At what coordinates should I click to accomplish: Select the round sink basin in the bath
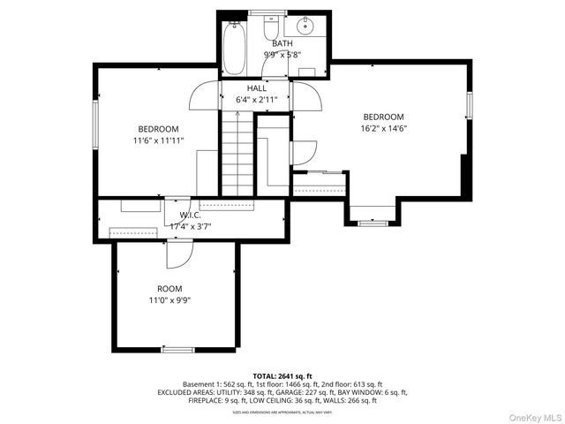tap(308, 26)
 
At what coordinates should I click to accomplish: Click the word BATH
tap(282, 43)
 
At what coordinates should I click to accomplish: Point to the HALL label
tap(257, 88)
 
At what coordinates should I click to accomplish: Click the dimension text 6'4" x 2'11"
tap(257, 100)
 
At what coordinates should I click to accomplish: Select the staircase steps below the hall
tap(237, 155)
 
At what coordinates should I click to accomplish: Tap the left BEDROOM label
tap(158, 129)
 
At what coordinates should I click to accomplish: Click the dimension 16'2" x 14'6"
tap(384, 128)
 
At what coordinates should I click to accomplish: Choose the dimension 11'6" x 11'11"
tap(158, 140)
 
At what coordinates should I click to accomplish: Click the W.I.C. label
tap(191, 215)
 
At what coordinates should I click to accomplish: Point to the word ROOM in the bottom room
tap(169, 289)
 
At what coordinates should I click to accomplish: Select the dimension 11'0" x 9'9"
tap(169, 300)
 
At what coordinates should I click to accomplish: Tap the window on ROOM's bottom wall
tap(177, 350)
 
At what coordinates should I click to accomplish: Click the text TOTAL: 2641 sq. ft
tap(282, 375)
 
